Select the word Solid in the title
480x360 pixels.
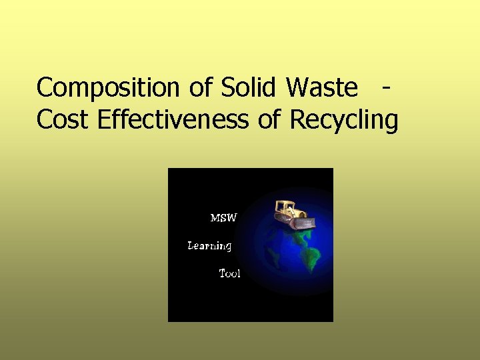[249, 87]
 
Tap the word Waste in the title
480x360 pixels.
[321, 87]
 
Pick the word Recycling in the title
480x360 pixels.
[344, 121]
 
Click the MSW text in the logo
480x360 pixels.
[223, 217]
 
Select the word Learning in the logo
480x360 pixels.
[209, 246]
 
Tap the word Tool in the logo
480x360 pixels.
[230, 273]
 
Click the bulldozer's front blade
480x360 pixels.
[303, 224]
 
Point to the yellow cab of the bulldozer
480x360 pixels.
[285, 207]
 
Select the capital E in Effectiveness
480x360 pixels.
[103, 120]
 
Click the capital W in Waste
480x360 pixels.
[297, 87]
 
